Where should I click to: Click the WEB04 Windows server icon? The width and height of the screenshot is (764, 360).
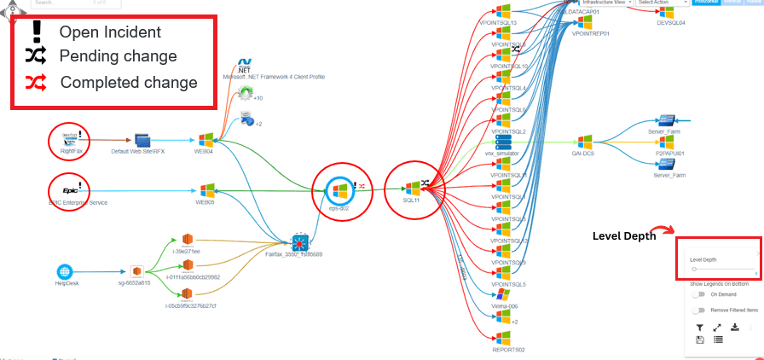point(205,140)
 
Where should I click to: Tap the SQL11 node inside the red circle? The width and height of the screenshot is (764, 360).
point(412,187)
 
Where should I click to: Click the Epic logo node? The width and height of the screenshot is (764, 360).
point(66,189)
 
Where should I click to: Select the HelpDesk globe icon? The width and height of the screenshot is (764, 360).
point(67,270)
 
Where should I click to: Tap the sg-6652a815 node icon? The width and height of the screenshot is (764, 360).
point(134,270)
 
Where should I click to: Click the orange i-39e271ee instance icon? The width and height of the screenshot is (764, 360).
point(188,240)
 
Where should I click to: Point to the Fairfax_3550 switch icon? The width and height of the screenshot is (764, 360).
point(298,241)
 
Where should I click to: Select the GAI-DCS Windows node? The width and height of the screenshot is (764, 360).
point(584,142)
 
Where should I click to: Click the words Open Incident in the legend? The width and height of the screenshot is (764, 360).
point(110,32)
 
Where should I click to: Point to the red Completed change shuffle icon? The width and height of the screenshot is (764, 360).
point(36,83)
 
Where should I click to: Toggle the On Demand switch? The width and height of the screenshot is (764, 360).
point(699,294)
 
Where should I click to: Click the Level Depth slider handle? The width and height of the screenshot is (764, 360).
point(694,268)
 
